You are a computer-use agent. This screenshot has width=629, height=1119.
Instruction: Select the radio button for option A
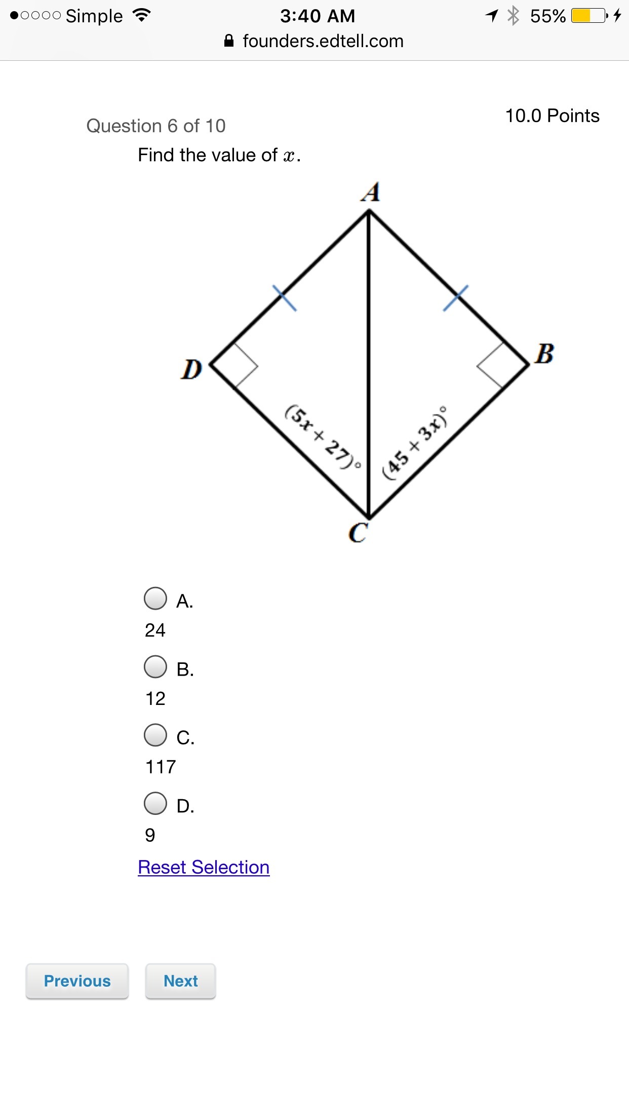click(155, 599)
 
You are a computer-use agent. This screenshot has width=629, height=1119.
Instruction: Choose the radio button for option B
click(155, 667)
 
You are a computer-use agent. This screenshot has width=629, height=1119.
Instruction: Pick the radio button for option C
click(155, 735)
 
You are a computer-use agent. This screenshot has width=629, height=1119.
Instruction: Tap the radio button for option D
click(155, 804)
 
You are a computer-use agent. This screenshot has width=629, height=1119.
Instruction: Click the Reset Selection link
click(204, 868)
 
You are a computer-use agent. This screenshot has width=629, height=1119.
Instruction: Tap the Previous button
click(77, 981)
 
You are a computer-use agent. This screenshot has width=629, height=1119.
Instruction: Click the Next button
click(181, 981)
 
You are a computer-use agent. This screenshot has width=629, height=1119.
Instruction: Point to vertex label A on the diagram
click(371, 192)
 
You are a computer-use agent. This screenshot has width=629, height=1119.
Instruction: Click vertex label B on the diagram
click(544, 354)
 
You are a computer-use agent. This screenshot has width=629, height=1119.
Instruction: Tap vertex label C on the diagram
click(358, 533)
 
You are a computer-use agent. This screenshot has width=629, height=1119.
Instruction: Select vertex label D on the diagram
click(191, 369)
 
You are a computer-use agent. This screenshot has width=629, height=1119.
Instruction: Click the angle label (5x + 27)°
click(323, 436)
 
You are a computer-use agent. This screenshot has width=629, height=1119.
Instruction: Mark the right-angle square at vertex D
click(234, 365)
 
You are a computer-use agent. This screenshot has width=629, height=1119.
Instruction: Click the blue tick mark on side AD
click(285, 297)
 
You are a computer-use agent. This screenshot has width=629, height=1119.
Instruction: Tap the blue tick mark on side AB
click(456, 297)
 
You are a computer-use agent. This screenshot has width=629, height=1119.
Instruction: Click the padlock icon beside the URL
click(229, 41)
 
